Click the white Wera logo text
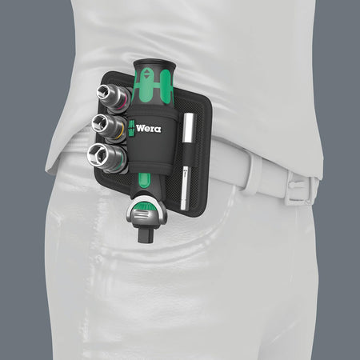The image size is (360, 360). (x=150, y=129)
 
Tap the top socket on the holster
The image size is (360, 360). (x=112, y=95)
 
